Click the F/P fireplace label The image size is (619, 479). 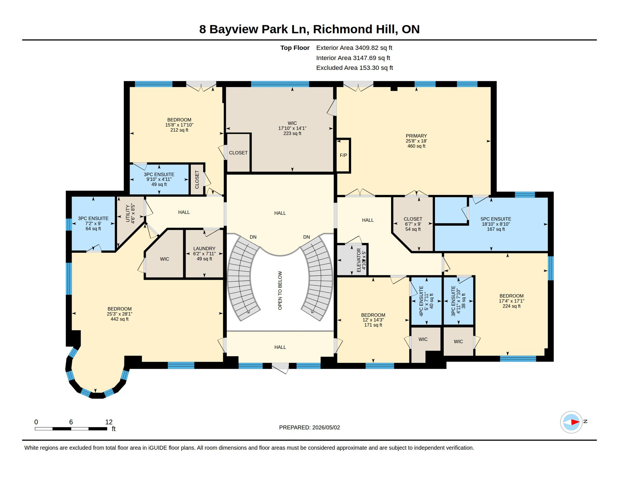(343, 155)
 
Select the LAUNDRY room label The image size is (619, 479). (204, 249)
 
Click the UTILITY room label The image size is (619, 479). (128, 213)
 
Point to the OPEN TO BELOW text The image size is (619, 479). (280, 290)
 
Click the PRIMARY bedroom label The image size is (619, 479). (416, 136)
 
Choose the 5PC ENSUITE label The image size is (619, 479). (496, 219)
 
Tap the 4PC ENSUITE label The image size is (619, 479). (421, 301)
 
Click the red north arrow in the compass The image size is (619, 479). (575, 422)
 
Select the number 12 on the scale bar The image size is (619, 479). (109, 422)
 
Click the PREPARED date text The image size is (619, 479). (309, 428)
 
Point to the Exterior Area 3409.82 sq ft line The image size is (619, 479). (354, 48)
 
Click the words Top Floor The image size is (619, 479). (295, 48)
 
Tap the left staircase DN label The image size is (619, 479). (253, 237)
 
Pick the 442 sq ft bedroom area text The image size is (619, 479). (120, 319)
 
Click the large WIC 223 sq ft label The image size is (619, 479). (292, 128)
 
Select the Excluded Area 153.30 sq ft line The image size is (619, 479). (355, 68)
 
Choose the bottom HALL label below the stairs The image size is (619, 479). (280, 347)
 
